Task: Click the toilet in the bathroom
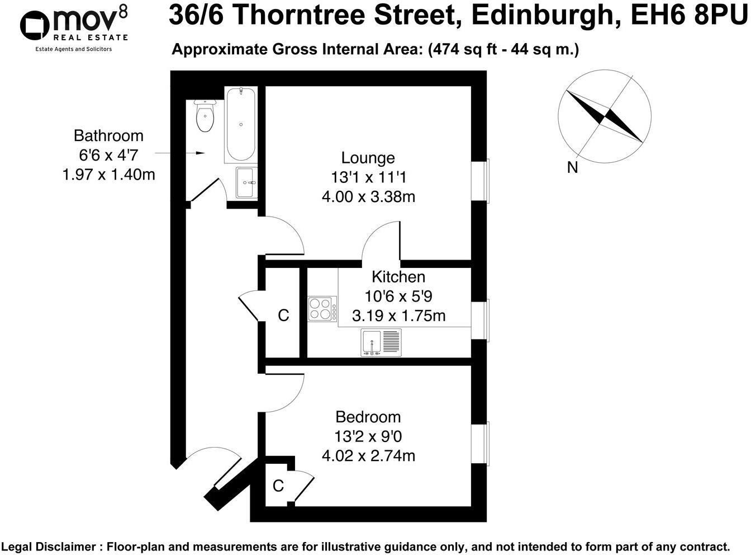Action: (x=205, y=116)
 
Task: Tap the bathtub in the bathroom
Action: (x=240, y=124)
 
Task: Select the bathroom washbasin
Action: (x=245, y=182)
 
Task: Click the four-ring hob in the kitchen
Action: (x=322, y=309)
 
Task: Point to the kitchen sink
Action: (x=381, y=342)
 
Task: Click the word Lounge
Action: (x=368, y=158)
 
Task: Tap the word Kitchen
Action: (x=398, y=277)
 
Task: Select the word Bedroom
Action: (x=368, y=417)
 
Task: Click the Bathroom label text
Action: (x=108, y=136)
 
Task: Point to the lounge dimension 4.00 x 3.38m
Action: (x=368, y=197)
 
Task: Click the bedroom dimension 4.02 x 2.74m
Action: (x=368, y=456)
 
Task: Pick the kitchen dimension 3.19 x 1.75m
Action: (x=398, y=316)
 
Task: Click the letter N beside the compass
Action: (x=572, y=167)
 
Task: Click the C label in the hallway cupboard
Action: (x=283, y=316)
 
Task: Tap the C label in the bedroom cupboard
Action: (x=278, y=486)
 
